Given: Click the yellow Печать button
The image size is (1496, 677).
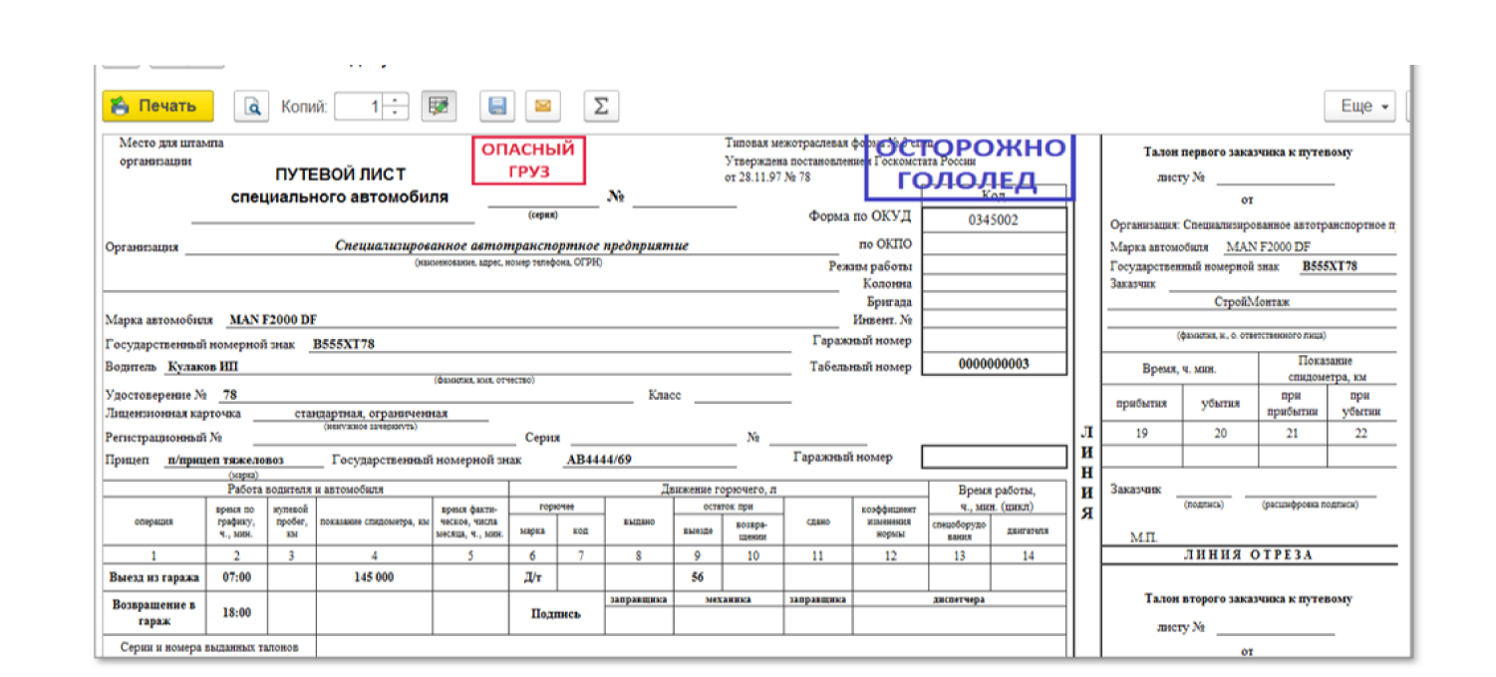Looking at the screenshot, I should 157,106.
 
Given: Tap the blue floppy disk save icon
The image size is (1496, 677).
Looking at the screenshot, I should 496,106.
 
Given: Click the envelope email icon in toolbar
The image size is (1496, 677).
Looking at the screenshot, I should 543,106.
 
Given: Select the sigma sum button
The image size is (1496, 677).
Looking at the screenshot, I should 600,106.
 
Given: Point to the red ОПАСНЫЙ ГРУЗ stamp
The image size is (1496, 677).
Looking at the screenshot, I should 528,161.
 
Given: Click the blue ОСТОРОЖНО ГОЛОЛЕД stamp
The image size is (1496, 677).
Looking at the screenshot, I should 968,166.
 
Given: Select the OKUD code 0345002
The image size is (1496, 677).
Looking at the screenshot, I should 993,219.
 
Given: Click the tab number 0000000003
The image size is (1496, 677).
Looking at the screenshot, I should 993,364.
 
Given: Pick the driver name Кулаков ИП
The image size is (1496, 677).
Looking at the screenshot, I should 203,367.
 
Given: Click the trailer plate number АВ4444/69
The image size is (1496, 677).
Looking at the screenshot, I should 599,460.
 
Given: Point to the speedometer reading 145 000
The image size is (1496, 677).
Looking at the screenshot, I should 373,577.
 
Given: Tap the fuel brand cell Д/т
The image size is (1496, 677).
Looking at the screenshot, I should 531,577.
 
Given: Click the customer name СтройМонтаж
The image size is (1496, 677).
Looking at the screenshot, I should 1251,302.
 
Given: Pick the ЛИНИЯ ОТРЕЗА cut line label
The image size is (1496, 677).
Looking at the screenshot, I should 1249,555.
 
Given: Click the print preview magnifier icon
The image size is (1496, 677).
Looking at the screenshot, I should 253,106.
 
